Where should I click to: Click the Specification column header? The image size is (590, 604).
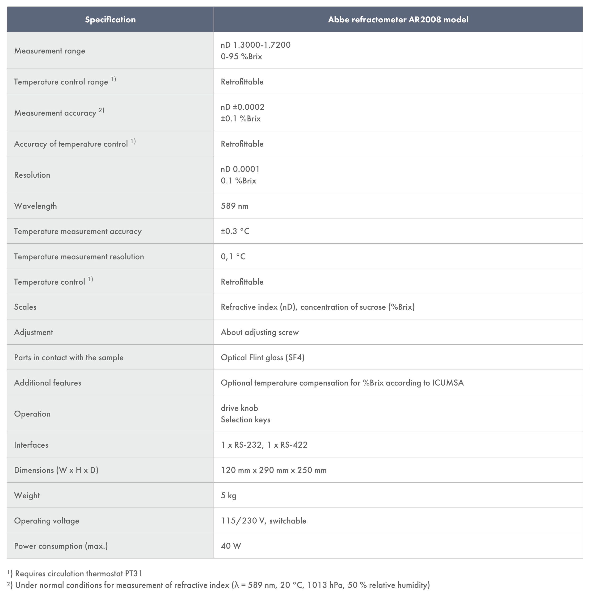(x=110, y=20)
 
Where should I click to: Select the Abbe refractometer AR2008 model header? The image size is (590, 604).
(x=398, y=20)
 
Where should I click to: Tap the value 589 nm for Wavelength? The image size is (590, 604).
(x=234, y=206)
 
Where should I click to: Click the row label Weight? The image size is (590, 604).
(x=27, y=495)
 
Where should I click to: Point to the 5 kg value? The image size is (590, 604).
(x=228, y=495)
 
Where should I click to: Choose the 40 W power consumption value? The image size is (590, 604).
(x=231, y=546)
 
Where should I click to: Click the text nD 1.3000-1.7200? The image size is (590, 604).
(x=256, y=45)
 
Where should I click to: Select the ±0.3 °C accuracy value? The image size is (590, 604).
(x=235, y=231)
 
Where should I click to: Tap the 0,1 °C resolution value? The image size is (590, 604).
(x=233, y=256)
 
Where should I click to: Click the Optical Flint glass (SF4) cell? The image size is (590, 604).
(x=262, y=358)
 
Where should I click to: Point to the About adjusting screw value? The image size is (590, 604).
(x=260, y=332)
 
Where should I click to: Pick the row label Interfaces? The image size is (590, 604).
(x=31, y=445)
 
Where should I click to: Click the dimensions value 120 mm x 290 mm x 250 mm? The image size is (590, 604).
(x=274, y=470)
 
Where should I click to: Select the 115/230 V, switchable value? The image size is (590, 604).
(x=263, y=521)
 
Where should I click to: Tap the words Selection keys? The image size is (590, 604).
(x=245, y=420)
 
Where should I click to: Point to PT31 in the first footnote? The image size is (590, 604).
(x=134, y=573)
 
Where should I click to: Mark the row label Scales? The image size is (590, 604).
(x=25, y=307)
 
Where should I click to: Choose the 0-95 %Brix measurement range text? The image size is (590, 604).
(x=241, y=57)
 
